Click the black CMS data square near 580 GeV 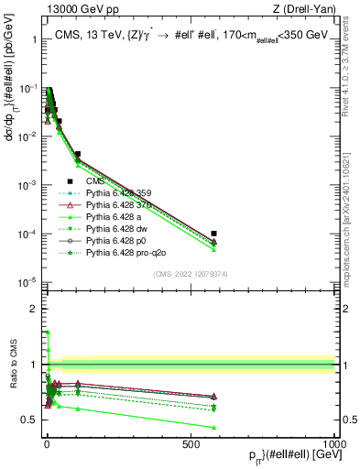click(x=213, y=234)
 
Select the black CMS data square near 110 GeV click(x=78, y=155)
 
